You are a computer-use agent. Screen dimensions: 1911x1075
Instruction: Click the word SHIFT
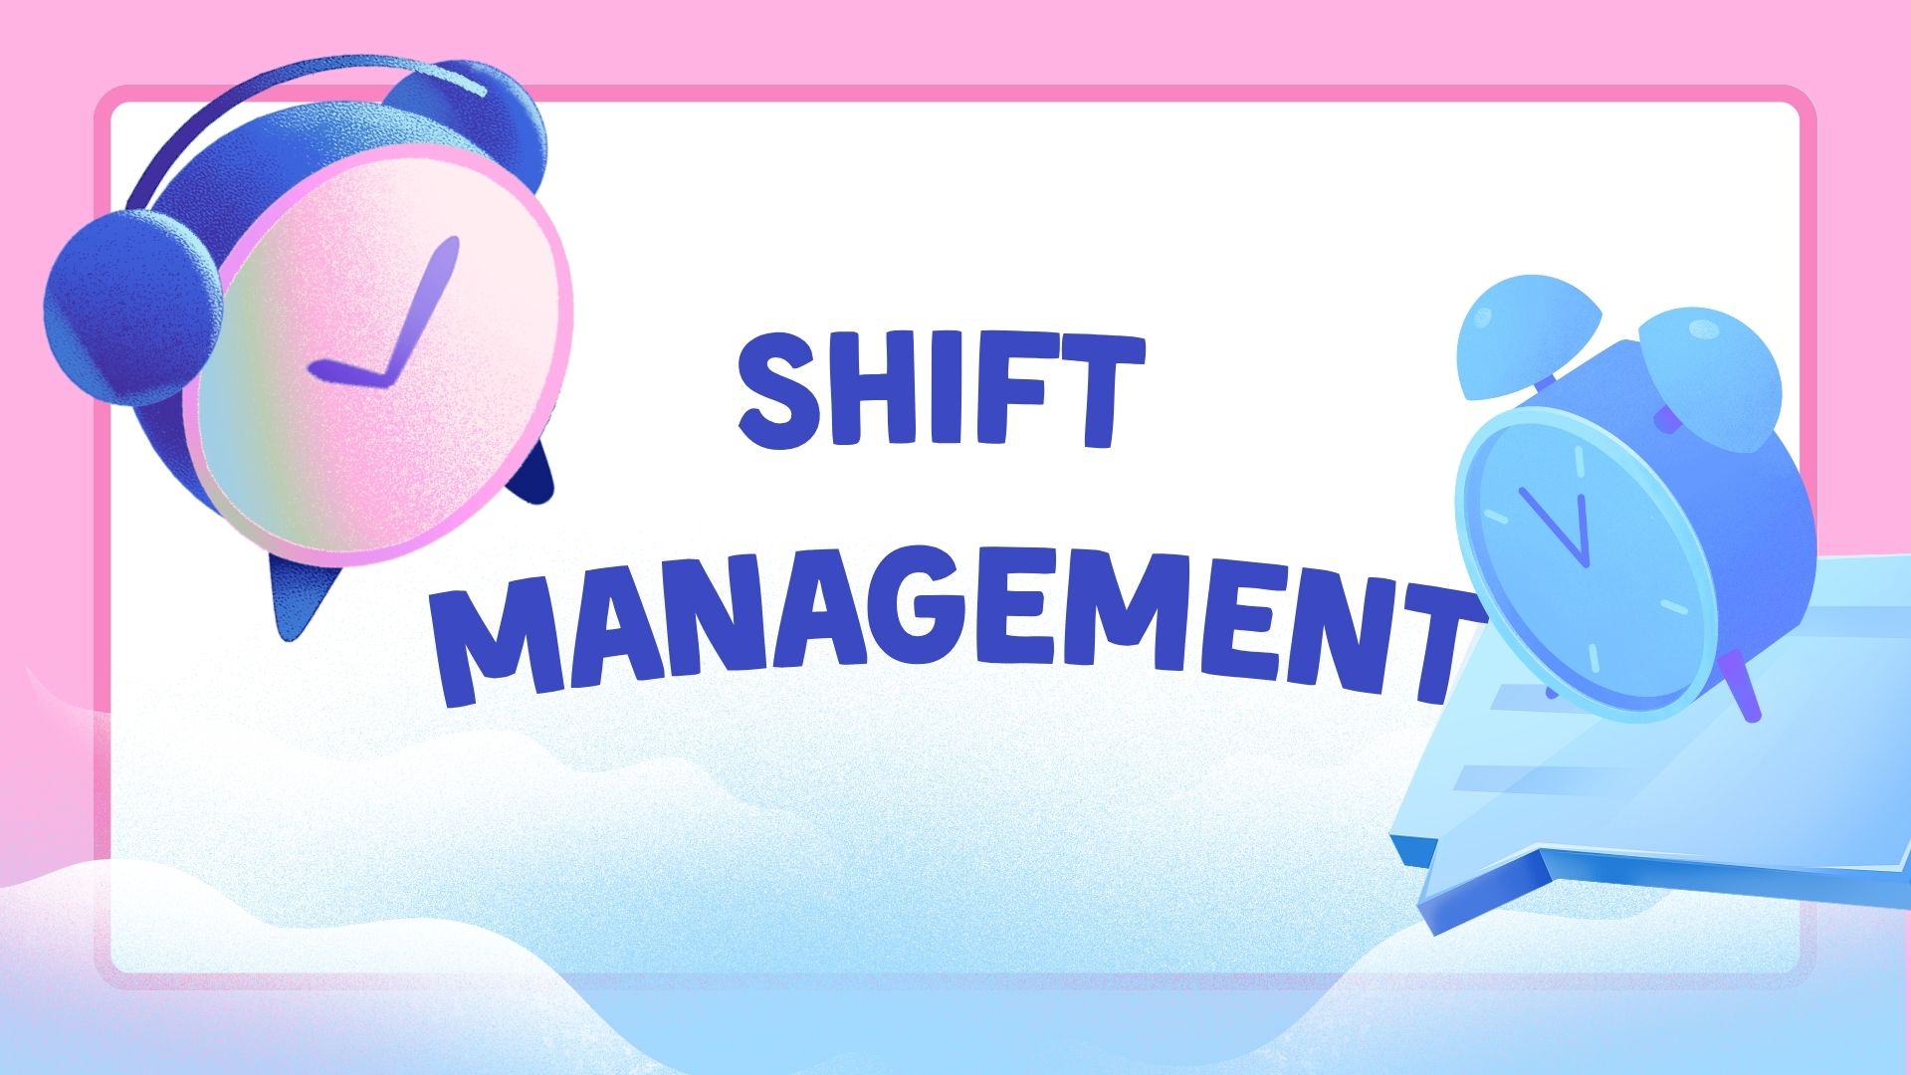pos(941,391)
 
